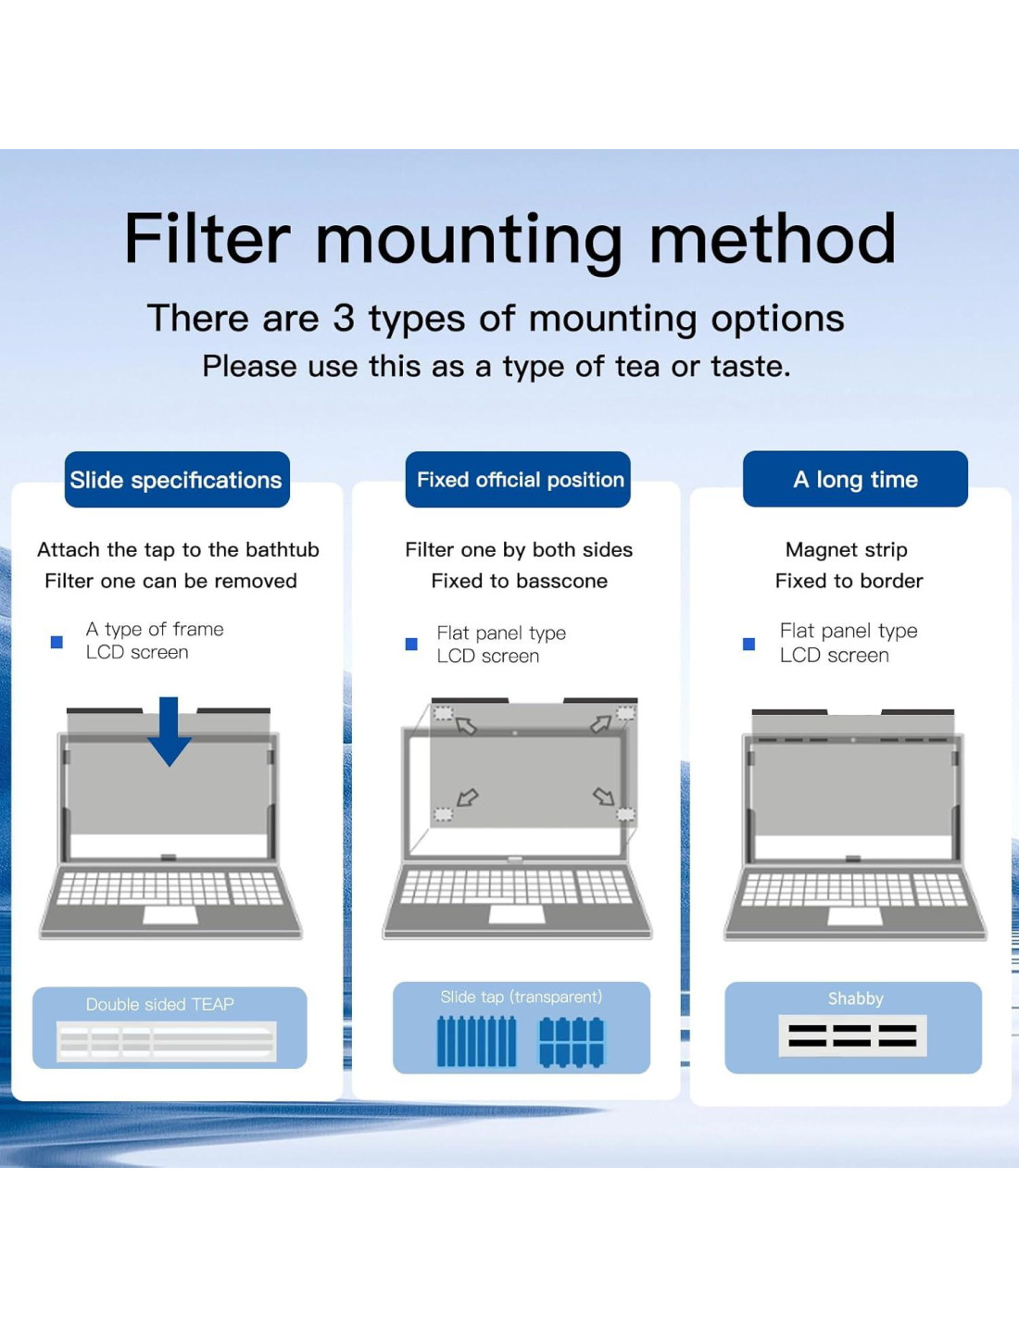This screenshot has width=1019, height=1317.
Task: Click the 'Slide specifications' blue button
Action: [x=176, y=480]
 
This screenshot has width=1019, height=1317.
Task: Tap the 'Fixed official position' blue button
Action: [x=519, y=480]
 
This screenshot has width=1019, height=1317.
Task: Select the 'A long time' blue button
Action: [x=855, y=479]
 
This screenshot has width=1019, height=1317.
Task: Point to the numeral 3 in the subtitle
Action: [x=344, y=319]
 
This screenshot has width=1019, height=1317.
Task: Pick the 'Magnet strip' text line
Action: [x=846, y=549]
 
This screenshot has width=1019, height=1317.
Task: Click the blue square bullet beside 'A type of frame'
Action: [x=57, y=642]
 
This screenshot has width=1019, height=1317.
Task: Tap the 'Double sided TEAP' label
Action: [x=159, y=1004]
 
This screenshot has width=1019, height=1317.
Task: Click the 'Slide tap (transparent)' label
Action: [x=521, y=997]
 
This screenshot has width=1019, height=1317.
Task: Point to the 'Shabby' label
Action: [x=855, y=998]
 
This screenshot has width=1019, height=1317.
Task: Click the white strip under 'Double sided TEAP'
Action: [x=167, y=1041]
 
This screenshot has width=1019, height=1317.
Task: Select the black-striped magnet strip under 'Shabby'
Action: [x=852, y=1035]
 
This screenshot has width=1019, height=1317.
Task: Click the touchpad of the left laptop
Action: [x=170, y=915]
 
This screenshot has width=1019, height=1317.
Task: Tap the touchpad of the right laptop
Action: [x=854, y=916]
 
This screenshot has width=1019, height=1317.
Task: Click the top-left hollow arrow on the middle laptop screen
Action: [x=466, y=726]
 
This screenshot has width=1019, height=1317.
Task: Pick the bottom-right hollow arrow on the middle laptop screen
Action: [x=604, y=796]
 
